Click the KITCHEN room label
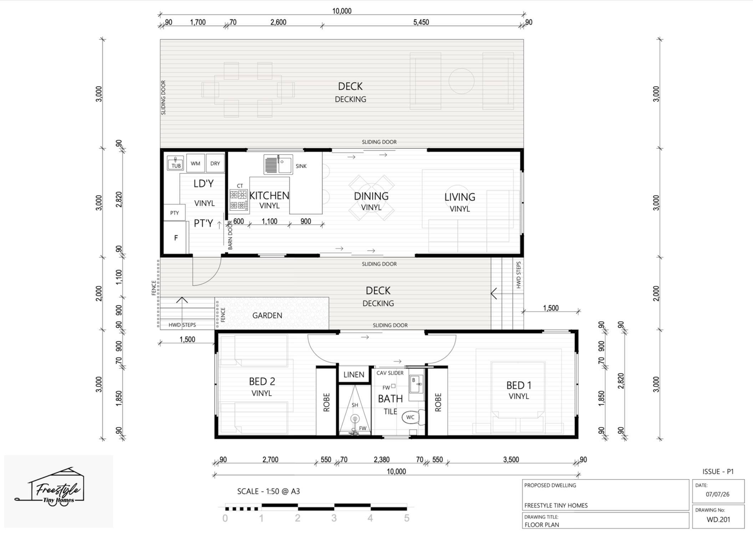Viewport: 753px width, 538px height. coord(269,196)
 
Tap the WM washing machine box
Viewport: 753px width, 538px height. coord(195,164)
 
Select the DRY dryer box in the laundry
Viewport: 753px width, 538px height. coord(215,164)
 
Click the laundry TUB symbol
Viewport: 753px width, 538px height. coord(175,163)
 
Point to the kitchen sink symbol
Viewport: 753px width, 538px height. coord(278,165)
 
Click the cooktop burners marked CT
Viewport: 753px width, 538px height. coord(238,200)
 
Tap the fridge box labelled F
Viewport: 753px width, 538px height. coord(175,238)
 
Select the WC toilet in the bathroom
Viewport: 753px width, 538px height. coord(413,417)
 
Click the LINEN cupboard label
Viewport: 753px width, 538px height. coord(354,374)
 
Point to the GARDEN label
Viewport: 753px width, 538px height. coord(267,315)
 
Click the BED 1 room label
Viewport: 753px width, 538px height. coord(519,385)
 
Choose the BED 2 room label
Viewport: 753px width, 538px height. coord(262,382)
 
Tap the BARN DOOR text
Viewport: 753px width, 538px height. coord(230,235)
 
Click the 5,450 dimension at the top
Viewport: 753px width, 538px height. coord(421,22)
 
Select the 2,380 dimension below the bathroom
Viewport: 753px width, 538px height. coord(381,460)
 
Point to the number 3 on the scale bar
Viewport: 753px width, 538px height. coord(334,518)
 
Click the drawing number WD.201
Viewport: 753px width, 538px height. coord(718,519)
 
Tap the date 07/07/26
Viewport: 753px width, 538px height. coord(718,494)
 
